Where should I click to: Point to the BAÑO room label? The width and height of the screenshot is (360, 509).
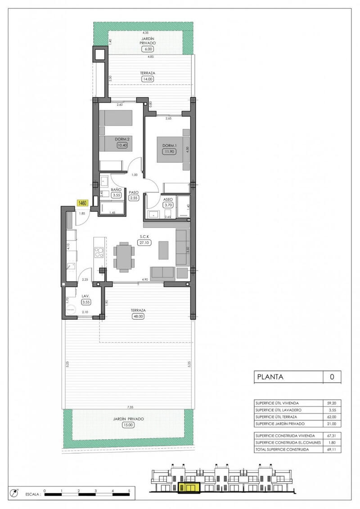117,190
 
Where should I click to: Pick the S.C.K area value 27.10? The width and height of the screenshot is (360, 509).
145,242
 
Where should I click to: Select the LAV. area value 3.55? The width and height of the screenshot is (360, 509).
87,302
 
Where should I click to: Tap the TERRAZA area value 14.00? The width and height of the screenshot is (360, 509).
148,79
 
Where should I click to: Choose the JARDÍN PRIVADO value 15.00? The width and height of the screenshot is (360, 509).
129,424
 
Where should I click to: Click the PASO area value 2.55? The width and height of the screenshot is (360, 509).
134,197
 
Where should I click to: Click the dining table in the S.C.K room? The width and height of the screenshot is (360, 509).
123,258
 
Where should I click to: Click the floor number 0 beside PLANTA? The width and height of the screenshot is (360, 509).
332,377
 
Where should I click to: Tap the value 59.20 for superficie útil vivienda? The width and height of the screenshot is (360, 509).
332,403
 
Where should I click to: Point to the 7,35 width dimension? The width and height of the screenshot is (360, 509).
130,406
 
